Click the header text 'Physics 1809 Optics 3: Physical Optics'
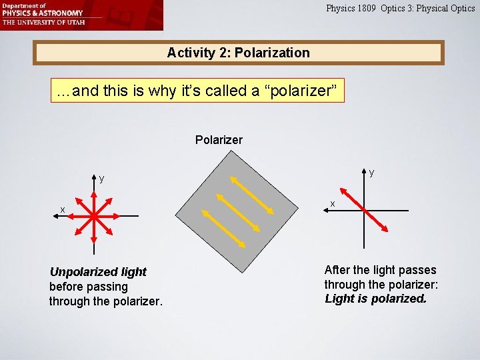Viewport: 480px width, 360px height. pyautogui.click(x=400, y=9)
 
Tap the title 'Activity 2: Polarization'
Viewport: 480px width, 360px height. pyautogui.click(x=238, y=53)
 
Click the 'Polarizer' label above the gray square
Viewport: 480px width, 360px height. pyautogui.click(x=219, y=140)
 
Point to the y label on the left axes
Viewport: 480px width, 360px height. pyautogui.click(x=101, y=179)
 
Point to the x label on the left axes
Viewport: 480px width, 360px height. pyautogui.click(x=63, y=210)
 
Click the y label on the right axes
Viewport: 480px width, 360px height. pyautogui.click(x=371, y=173)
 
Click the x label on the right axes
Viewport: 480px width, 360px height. pyautogui.click(x=333, y=203)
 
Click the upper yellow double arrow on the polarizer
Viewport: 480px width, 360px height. pyautogui.click(x=251, y=194)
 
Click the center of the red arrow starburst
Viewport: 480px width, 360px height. pyautogui.click(x=94, y=216)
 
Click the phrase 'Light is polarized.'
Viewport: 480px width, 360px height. pyautogui.click(x=375, y=299)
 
